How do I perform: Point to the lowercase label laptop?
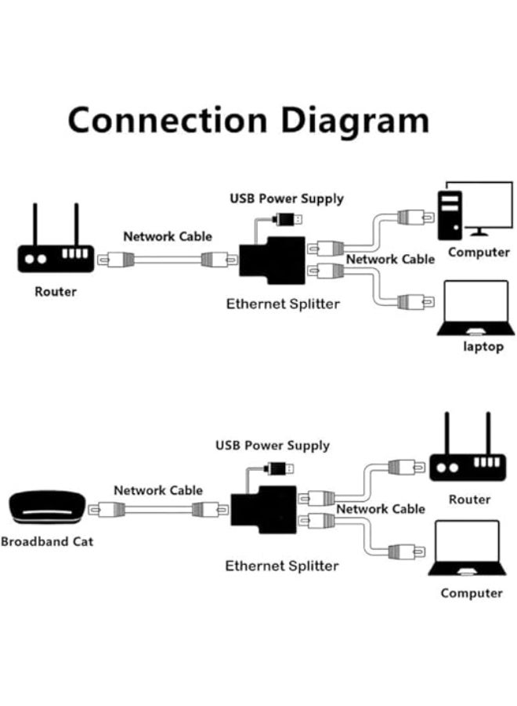coord(482,346)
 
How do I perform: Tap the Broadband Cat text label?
coord(46,541)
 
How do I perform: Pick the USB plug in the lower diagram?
coord(280,469)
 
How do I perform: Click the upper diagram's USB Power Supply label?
coord(286,198)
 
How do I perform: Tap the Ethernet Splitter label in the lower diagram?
coord(282,566)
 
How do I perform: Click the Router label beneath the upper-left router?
coord(56,292)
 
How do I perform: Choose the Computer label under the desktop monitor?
coord(479,253)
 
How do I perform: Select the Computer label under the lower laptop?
coord(471,593)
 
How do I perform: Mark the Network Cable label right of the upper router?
coord(168,236)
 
